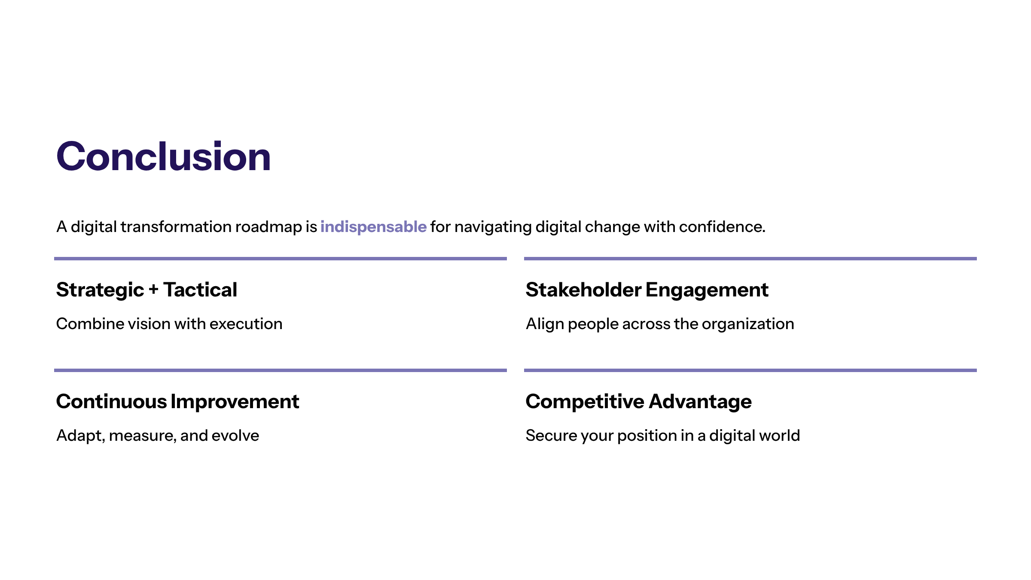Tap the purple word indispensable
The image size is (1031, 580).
[373, 227]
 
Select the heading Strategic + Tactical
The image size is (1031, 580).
[146, 290]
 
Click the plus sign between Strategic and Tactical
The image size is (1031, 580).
[153, 290]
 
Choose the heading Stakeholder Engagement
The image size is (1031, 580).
[647, 290]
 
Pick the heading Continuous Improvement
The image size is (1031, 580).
[177, 401]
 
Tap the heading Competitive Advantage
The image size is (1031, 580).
[638, 401]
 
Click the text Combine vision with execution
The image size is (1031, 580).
[169, 324]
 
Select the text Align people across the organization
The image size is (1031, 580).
[660, 324]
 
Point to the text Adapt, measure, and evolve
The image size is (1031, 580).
[158, 436]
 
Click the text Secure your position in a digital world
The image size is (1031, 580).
[663, 436]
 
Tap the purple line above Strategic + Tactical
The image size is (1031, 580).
[281, 259]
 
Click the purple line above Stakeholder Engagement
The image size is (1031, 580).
[750, 259]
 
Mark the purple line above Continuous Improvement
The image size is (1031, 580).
[281, 370]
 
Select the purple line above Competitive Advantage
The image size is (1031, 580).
[750, 370]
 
